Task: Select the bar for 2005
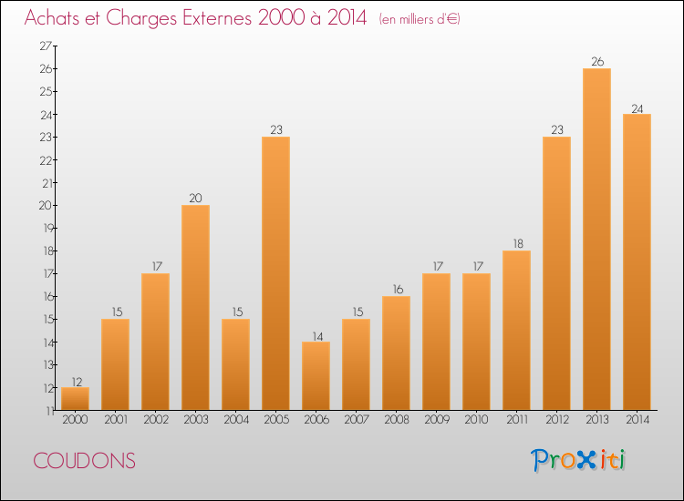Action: point(275,273)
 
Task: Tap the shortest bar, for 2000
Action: point(75,399)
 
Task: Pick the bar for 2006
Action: point(316,376)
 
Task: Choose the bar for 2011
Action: point(516,331)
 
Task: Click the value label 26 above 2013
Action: point(596,62)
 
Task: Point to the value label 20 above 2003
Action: point(195,199)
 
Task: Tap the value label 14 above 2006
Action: point(316,335)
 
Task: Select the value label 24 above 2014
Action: point(637,107)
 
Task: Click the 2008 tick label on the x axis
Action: point(396,421)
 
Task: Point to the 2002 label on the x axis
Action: point(155,421)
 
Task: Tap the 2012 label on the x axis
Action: point(556,421)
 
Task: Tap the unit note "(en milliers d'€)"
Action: point(420,19)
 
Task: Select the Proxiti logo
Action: point(579,460)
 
